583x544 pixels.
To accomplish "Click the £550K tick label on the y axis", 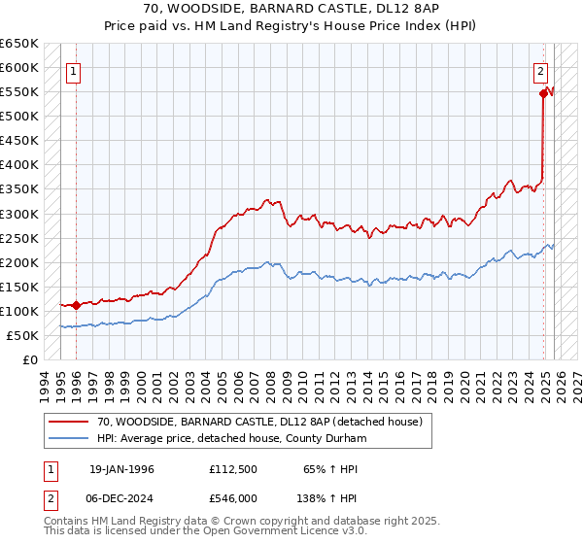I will (x=18, y=92).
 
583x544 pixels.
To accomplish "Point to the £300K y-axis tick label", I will (x=18, y=214).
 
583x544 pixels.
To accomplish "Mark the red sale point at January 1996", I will (x=77, y=305).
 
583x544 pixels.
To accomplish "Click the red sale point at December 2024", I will (x=543, y=94).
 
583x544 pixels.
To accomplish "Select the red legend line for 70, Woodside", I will (x=69, y=422).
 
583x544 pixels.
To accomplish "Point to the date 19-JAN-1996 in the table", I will (x=121, y=469).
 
